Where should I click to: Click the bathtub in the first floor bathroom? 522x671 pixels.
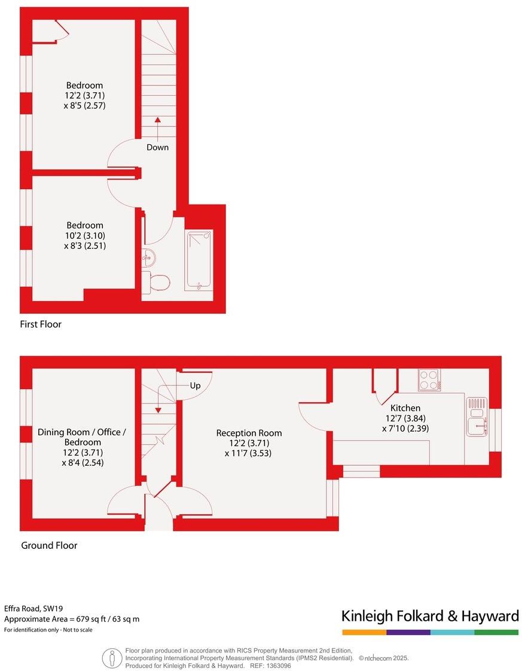[199, 260]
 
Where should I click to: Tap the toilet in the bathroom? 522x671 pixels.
[157, 281]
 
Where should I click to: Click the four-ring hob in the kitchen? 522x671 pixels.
[428, 379]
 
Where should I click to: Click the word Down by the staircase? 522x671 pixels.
[158, 147]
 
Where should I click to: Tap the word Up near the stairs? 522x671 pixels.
[195, 385]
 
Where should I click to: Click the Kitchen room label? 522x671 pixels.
[405, 408]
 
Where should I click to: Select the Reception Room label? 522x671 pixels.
[249, 433]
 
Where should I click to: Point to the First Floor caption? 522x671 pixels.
[41, 324]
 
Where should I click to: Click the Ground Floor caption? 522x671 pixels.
[49, 545]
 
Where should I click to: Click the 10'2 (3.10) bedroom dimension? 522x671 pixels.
[84, 235]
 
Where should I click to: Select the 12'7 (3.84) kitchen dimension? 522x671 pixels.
[405, 418]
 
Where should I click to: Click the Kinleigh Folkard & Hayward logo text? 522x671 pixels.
[429, 616]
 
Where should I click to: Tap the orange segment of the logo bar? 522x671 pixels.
[364, 632]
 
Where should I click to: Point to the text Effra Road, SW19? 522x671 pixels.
[29, 608]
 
